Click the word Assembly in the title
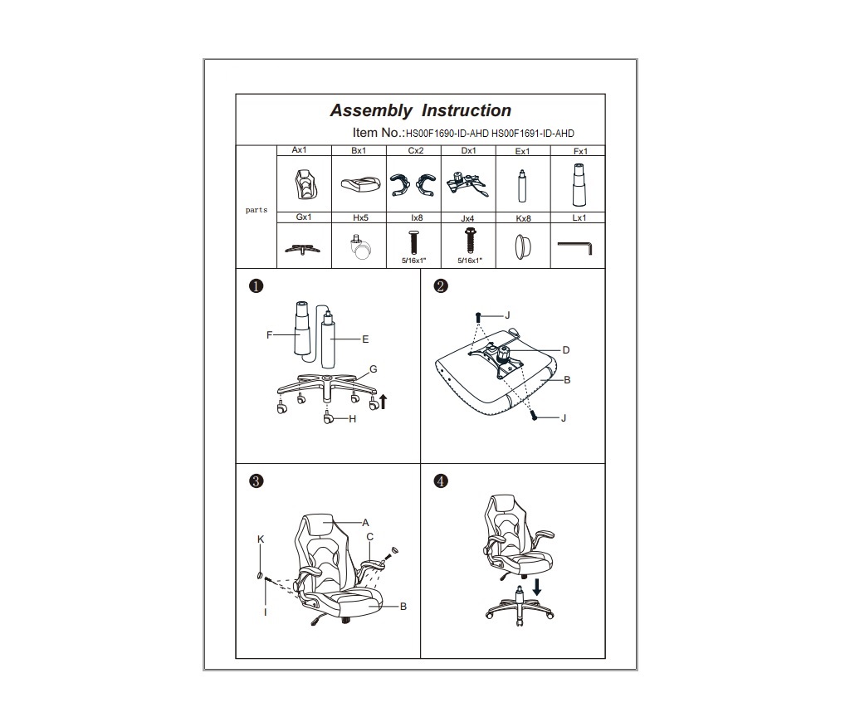pyautogui.click(x=371, y=110)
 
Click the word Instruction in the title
pyautogui.click(x=467, y=110)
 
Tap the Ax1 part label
pyautogui.click(x=300, y=150)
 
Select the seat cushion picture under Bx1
pyautogui.click(x=358, y=184)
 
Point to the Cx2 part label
pyautogui.click(x=416, y=150)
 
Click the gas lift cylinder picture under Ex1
pyautogui.click(x=522, y=186)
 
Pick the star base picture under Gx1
pyautogui.click(x=303, y=250)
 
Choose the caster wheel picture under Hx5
pyautogui.click(x=360, y=246)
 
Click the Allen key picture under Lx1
pyautogui.click(x=574, y=246)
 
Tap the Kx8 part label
pyautogui.click(x=523, y=218)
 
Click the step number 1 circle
pyautogui.click(x=256, y=285)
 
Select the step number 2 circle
pyautogui.click(x=441, y=285)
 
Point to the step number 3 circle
pyautogui.click(x=256, y=481)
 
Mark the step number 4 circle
pyautogui.click(x=441, y=481)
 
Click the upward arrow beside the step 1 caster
pyautogui.click(x=383, y=402)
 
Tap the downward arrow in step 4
pyautogui.click(x=537, y=588)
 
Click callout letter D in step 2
pyautogui.click(x=566, y=350)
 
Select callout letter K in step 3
pyautogui.click(x=261, y=539)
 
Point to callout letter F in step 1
pyautogui.click(x=270, y=334)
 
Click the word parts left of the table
pyautogui.click(x=256, y=210)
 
